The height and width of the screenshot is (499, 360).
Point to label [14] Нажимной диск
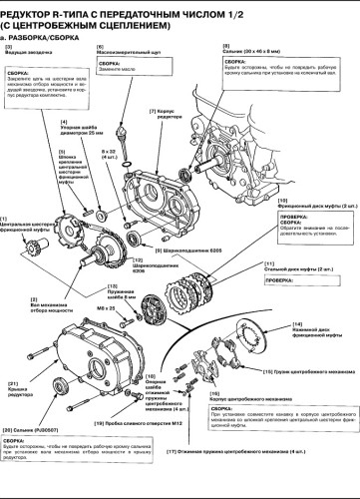(x=308, y=329)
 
